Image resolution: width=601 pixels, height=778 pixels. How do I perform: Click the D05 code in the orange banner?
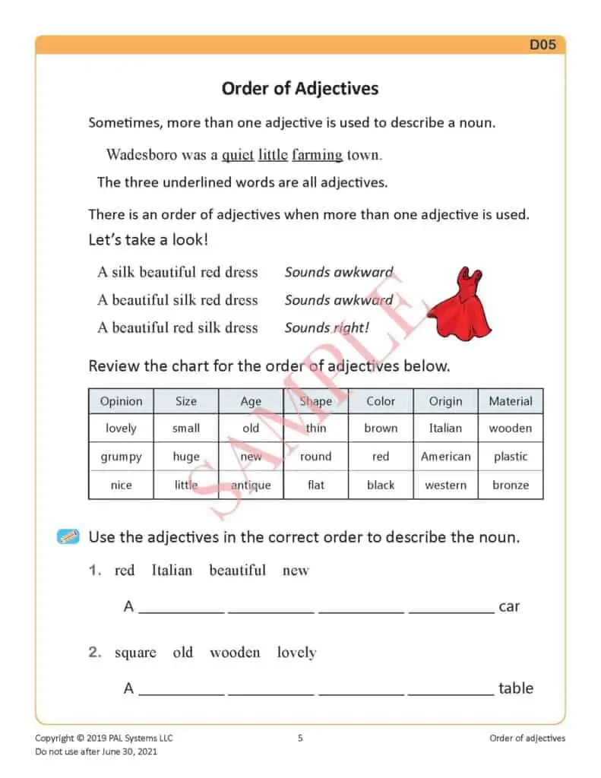click(542, 45)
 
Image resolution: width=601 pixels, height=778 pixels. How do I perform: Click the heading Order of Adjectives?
click(300, 88)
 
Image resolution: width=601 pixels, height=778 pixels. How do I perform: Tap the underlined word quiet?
click(238, 154)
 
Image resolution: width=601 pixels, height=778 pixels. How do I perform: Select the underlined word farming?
click(317, 154)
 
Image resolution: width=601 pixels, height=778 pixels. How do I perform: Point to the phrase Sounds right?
click(327, 328)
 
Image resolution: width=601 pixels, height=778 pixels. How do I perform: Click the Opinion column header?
click(121, 401)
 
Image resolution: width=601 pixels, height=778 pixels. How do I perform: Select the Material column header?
click(511, 401)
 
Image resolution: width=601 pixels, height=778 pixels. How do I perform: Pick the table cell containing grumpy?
click(121, 457)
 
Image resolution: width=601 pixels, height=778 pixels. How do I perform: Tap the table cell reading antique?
click(251, 485)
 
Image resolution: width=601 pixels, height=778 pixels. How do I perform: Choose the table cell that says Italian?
click(445, 429)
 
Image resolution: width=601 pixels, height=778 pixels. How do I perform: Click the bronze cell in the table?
click(511, 485)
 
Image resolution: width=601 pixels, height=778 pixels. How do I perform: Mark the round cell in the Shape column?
click(315, 457)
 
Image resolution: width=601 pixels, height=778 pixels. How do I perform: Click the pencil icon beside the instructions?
click(68, 537)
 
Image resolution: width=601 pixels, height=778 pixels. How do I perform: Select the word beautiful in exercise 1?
click(237, 570)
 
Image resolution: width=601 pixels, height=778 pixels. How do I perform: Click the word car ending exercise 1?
click(509, 606)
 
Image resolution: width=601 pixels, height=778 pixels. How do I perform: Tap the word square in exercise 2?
click(135, 652)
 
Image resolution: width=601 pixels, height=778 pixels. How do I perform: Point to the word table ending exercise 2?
click(516, 688)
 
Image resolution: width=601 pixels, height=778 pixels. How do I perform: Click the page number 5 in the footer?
click(300, 738)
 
